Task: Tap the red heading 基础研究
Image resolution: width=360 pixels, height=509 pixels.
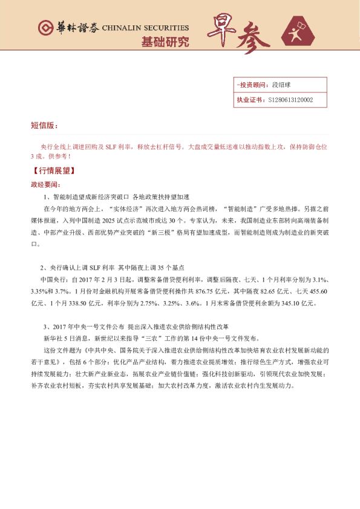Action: coord(165,42)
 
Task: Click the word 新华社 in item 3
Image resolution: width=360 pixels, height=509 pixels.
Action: coord(53,337)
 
